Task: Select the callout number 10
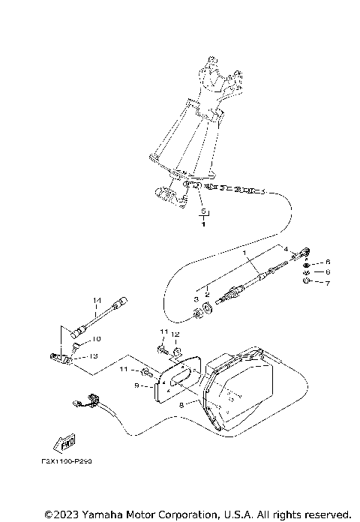coord(96,339)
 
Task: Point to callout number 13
coord(95,356)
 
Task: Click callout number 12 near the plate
coord(175,334)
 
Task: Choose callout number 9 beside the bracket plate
coord(136,385)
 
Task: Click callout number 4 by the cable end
coord(286,248)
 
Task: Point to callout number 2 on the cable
coord(208,295)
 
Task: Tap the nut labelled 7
coord(307,283)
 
